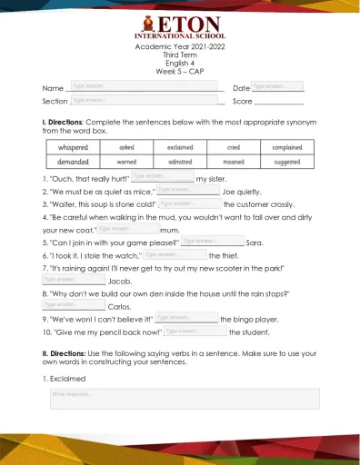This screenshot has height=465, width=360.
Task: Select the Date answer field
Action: [277, 86]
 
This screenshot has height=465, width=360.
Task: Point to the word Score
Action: [242, 101]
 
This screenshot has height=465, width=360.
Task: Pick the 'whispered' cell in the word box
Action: [74, 146]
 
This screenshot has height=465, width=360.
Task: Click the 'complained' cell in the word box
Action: [287, 146]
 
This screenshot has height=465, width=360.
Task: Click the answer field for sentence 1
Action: [162, 176]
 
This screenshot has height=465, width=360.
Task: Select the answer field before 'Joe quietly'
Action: [187, 190]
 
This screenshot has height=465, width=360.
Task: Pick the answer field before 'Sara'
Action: [212, 242]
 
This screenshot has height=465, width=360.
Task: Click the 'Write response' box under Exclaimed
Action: [185, 399]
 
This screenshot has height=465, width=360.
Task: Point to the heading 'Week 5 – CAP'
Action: [181, 70]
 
